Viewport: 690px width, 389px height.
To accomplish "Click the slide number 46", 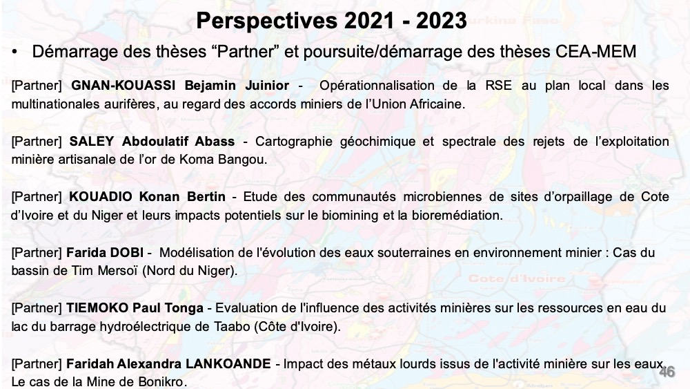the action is [x=667, y=372].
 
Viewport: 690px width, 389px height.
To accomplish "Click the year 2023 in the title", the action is [x=442, y=21].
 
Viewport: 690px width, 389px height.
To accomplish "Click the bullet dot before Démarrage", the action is [x=15, y=53].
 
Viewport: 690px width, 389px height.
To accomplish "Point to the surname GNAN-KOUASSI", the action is [x=124, y=86].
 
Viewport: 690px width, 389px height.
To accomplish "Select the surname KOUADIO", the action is [x=100, y=196].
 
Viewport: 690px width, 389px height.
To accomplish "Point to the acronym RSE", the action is [x=498, y=86].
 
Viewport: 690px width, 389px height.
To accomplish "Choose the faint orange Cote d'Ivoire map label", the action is [x=517, y=278].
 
